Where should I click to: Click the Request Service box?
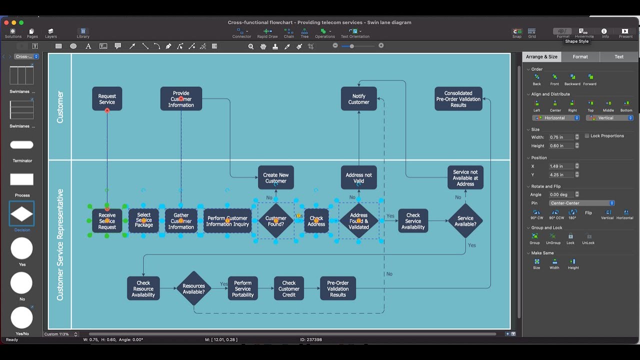pos(107,98)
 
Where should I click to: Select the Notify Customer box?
pos(358,99)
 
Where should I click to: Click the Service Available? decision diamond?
pos(465,221)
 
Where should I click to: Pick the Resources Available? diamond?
pos(193,288)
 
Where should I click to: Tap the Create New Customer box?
pos(275,178)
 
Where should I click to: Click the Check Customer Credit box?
pos(288,288)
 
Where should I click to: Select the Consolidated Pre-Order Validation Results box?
pos(458,99)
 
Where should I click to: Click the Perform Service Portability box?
pos(242,288)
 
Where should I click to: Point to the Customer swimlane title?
pos(60,106)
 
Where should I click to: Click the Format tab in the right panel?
pos(580,56)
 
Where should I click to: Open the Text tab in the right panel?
pos(618,56)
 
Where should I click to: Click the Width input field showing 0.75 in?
pos(561,137)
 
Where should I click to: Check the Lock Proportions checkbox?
pos(587,136)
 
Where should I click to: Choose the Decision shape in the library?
pos(21,214)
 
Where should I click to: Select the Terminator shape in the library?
pos(21,145)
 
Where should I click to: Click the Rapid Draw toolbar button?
pos(267,33)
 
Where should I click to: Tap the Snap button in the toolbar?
pos(517,33)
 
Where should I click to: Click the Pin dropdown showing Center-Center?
pos(581,203)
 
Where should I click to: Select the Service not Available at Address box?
pos(465,177)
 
